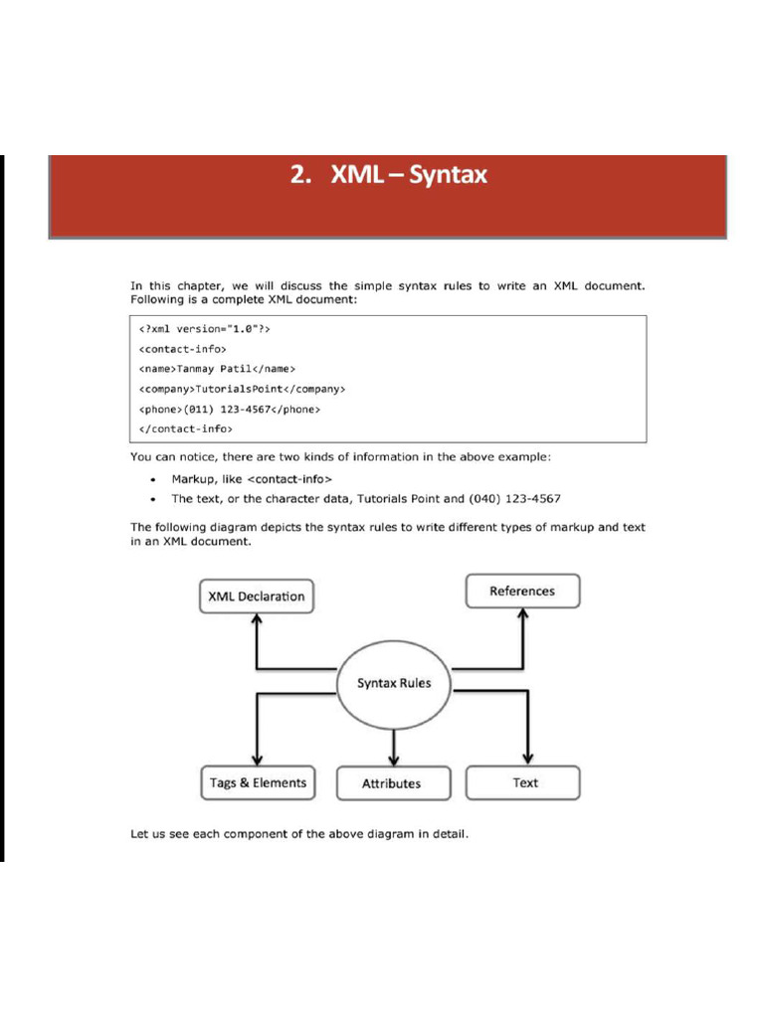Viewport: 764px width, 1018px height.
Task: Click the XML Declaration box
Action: [x=256, y=596]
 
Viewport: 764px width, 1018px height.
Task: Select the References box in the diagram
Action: [x=522, y=591]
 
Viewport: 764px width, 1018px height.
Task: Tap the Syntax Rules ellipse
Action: [x=394, y=684]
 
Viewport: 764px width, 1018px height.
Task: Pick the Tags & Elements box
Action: [x=258, y=782]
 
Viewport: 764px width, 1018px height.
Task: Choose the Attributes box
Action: [x=391, y=783]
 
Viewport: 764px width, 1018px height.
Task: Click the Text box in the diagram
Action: [x=524, y=782]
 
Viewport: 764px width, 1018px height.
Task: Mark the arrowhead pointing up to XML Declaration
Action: [x=258, y=618]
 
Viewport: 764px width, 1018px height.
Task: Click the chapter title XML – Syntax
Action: [x=389, y=176]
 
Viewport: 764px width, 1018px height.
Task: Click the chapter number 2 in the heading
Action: [x=297, y=176]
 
